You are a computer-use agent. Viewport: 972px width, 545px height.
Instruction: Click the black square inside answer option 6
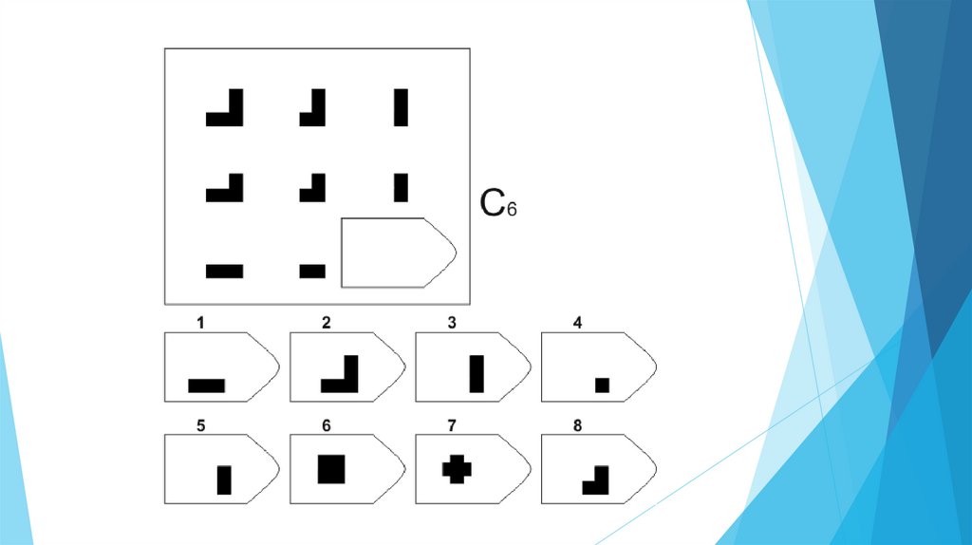pyautogui.click(x=331, y=470)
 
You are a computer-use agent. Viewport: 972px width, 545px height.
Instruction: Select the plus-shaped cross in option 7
pyautogui.click(x=457, y=468)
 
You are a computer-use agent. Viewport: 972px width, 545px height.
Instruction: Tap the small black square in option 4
pyautogui.click(x=601, y=385)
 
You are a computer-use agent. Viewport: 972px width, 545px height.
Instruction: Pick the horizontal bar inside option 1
pyautogui.click(x=206, y=385)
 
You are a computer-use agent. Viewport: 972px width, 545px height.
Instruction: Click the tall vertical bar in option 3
pyautogui.click(x=477, y=373)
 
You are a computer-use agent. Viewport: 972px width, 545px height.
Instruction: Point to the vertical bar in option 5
pyautogui.click(x=224, y=479)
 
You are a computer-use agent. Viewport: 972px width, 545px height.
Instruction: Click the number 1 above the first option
pyautogui.click(x=200, y=323)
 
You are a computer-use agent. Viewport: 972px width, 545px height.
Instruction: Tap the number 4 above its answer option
pyautogui.click(x=577, y=323)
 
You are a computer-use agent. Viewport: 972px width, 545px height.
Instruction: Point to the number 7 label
pyautogui.click(x=452, y=425)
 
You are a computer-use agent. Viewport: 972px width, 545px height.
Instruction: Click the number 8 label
pyautogui.click(x=577, y=425)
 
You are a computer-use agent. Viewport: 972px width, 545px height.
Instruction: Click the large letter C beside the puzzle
pyautogui.click(x=492, y=203)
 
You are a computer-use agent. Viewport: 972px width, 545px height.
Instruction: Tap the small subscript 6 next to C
pyautogui.click(x=511, y=209)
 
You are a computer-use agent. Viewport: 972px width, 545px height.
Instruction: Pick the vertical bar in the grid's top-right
pyautogui.click(x=401, y=107)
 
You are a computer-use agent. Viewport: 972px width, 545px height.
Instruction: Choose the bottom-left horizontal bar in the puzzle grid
pyautogui.click(x=225, y=271)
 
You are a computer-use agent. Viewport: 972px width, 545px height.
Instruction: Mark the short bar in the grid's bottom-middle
pyautogui.click(x=312, y=271)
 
